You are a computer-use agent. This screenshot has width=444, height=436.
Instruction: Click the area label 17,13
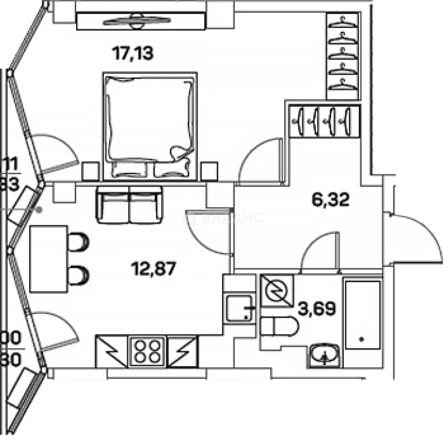[133, 53]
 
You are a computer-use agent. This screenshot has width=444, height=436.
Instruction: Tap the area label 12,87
[154, 268]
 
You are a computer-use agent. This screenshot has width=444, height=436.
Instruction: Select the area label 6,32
[330, 199]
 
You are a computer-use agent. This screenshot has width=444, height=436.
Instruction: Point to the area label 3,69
[317, 310]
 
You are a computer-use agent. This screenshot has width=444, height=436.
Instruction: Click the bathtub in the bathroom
[363, 315]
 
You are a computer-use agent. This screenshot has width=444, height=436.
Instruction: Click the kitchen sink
[239, 308]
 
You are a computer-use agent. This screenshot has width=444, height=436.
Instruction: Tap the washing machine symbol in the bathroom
[277, 291]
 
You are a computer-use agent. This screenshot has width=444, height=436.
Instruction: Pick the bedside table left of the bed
[91, 171]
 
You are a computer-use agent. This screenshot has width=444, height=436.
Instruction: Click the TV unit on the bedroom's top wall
[141, 21]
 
